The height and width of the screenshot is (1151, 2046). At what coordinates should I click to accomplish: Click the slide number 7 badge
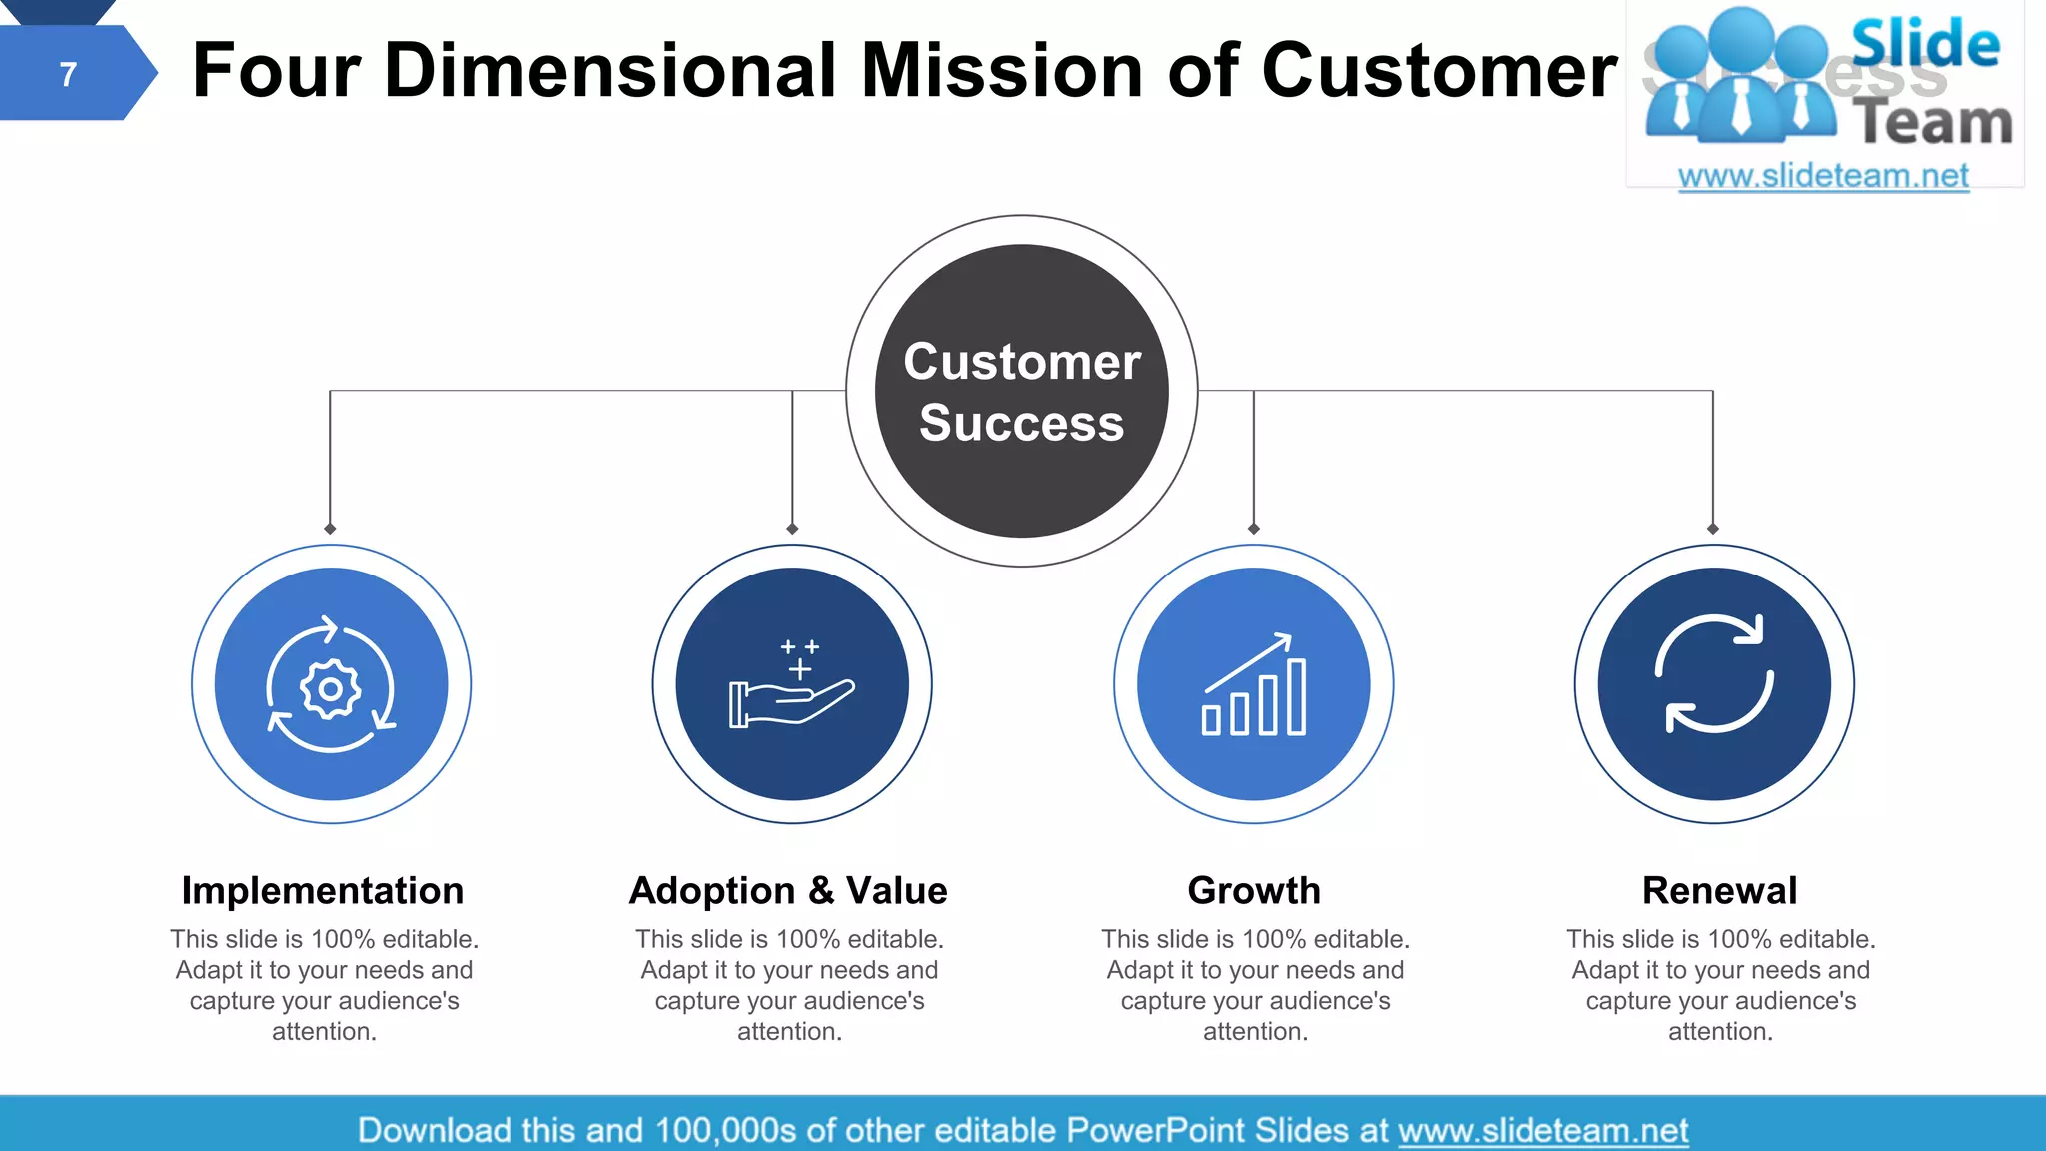[x=68, y=74]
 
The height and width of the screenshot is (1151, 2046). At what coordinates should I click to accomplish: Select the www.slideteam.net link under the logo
[x=1823, y=176]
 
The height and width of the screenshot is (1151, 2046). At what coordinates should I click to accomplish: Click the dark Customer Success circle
[x=1021, y=391]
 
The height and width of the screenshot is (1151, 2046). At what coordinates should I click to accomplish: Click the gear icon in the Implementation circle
[x=330, y=688]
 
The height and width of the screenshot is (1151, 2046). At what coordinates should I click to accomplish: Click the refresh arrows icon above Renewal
[x=1714, y=674]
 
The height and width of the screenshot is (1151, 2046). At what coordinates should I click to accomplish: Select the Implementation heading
[x=322, y=890]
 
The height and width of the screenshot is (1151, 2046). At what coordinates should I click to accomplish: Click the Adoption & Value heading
[x=788, y=890]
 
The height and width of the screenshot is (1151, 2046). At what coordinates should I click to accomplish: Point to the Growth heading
[x=1254, y=890]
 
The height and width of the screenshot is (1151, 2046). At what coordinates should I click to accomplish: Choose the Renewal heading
[x=1719, y=890]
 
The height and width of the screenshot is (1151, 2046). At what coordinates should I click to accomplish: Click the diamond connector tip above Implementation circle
[x=330, y=529]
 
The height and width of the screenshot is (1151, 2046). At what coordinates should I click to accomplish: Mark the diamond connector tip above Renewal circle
[x=1713, y=529]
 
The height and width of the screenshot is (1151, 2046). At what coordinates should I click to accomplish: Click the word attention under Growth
[x=1254, y=1032]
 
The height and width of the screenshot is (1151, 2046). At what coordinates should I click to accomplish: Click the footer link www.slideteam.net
[x=1542, y=1131]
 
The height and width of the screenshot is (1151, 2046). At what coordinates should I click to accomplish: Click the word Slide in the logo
[x=1924, y=44]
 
